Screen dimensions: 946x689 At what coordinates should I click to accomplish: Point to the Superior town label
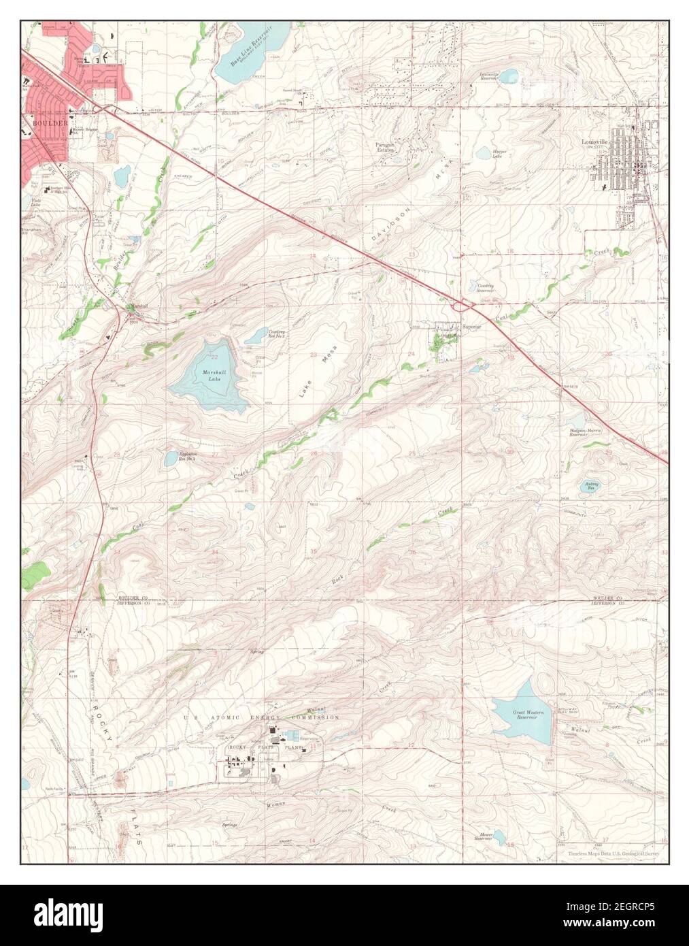click(x=471, y=327)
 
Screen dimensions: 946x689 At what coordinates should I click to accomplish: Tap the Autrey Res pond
click(x=590, y=485)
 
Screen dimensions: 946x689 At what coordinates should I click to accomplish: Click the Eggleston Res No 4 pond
click(x=171, y=458)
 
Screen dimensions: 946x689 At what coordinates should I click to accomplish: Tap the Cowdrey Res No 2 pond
click(x=257, y=334)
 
